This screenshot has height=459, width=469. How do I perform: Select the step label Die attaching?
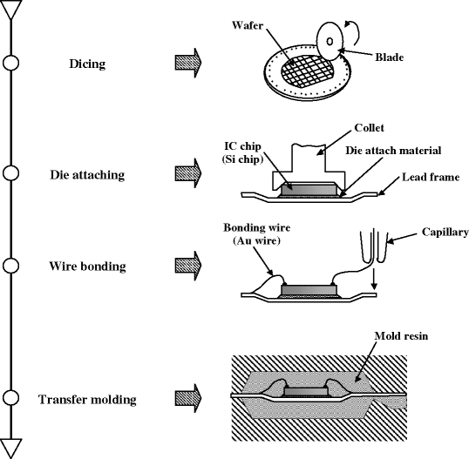coord(87,174)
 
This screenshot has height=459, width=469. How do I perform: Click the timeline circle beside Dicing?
coord(11,63)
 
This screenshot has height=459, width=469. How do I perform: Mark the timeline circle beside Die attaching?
coord(11,173)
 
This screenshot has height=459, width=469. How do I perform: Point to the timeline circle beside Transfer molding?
coord(11,399)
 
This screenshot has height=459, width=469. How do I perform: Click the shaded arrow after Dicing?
coord(188,63)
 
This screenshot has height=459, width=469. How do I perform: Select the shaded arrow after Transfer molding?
coord(188,400)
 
